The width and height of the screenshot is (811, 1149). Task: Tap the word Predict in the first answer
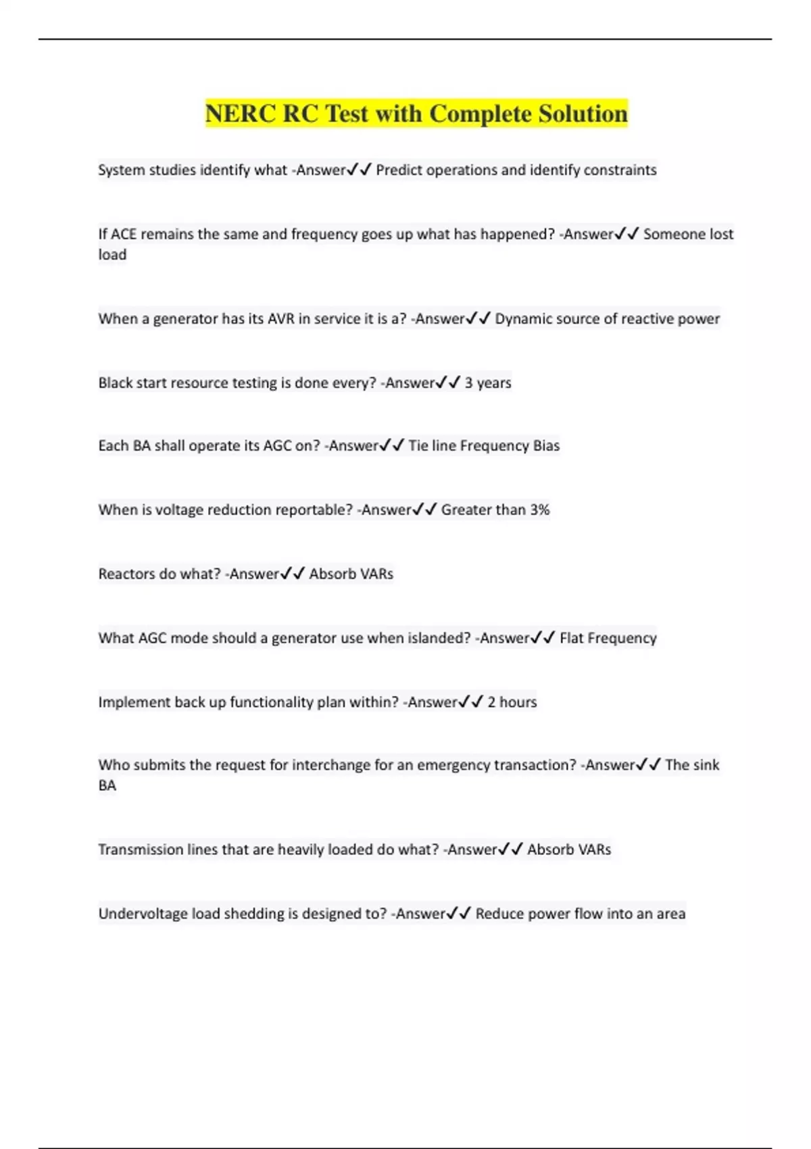coord(399,170)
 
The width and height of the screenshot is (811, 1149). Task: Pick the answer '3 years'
coord(488,383)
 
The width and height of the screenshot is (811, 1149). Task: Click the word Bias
coord(546,445)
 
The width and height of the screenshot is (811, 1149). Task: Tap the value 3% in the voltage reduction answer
coord(539,510)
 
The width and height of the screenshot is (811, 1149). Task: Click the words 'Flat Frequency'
coord(608,638)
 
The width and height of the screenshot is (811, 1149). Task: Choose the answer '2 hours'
coord(512,702)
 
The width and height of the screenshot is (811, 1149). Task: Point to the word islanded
coord(439,638)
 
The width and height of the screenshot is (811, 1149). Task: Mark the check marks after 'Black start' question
coord(449,383)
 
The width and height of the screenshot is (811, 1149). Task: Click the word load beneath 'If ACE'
coord(112,255)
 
